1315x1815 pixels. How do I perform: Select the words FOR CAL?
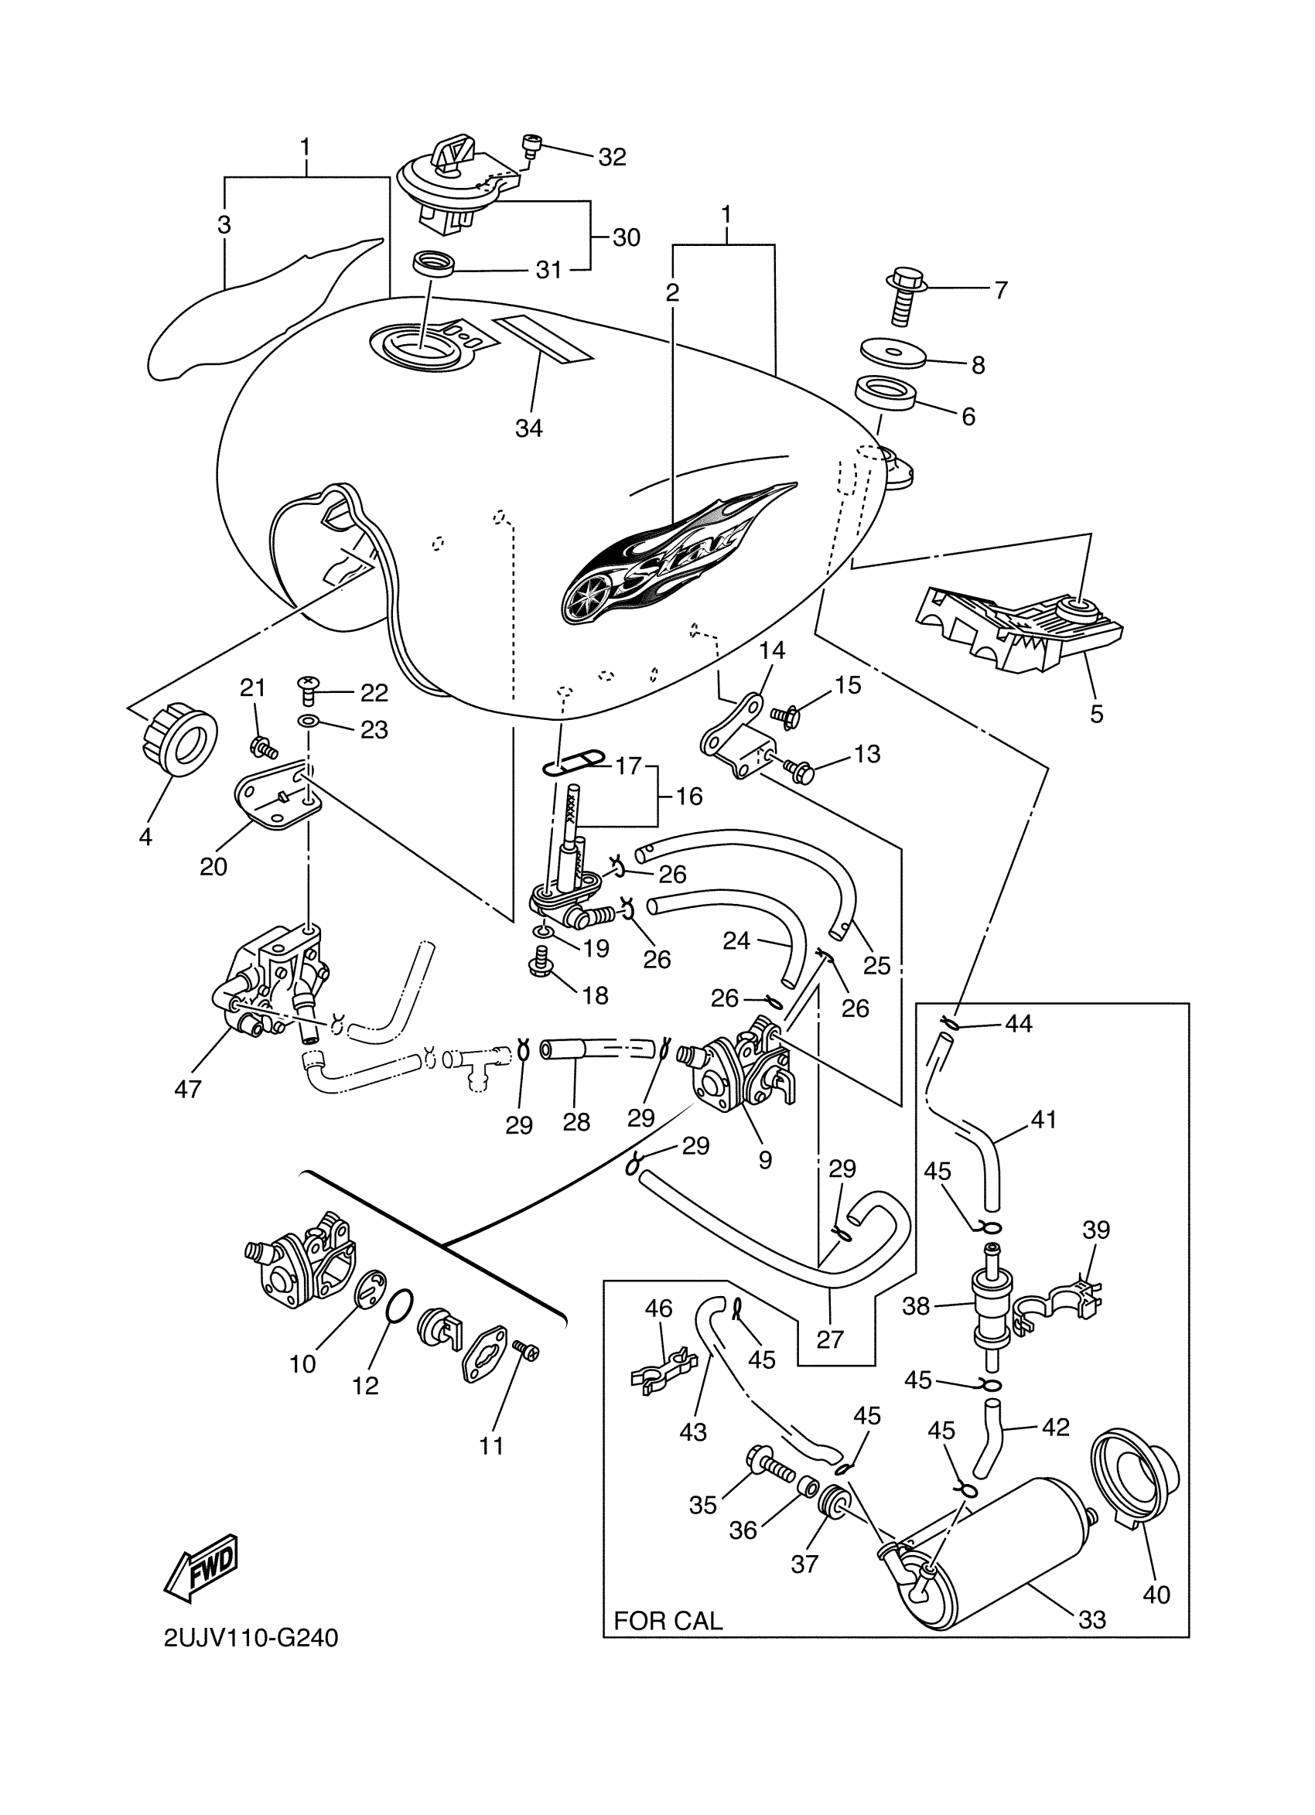(668, 1621)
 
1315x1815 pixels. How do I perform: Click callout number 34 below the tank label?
(528, 429)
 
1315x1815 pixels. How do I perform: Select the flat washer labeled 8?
(892, 353)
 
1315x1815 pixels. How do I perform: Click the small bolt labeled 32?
(531, 145)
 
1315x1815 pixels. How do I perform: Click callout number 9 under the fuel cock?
(764, 1159)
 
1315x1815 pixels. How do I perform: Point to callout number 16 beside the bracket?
(688, 797)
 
